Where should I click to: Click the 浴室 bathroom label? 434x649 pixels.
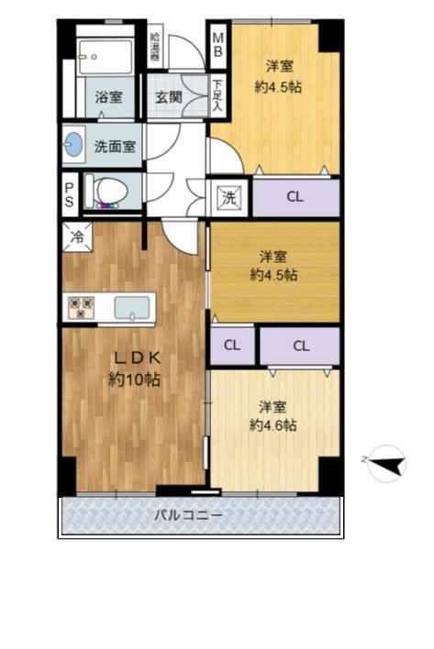(108, 97)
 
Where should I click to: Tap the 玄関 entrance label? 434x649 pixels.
(169, 97)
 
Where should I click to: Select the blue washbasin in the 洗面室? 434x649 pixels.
(74, 144)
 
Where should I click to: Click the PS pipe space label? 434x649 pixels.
(69, 195)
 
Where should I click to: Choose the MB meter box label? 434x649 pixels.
(217, 45)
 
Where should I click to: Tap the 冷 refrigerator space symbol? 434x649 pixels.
(77, 237)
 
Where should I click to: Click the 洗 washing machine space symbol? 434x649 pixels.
(229, 198)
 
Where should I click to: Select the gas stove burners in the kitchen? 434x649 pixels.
(81, 308)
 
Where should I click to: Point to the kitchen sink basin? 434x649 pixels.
(132, 308)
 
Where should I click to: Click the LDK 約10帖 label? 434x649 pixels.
(135, 368)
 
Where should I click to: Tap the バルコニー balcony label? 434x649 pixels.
(188, 515)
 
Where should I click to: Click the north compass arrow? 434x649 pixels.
(388, 464)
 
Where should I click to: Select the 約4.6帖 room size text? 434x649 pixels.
(273, 425)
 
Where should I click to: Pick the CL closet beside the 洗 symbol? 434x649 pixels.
(296, 197)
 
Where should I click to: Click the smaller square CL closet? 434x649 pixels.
(232, 346)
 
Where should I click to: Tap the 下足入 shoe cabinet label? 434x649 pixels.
(217, 95)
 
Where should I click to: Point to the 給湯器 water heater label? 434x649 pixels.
(155, 46)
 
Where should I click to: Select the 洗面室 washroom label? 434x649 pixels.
(115, 146)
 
